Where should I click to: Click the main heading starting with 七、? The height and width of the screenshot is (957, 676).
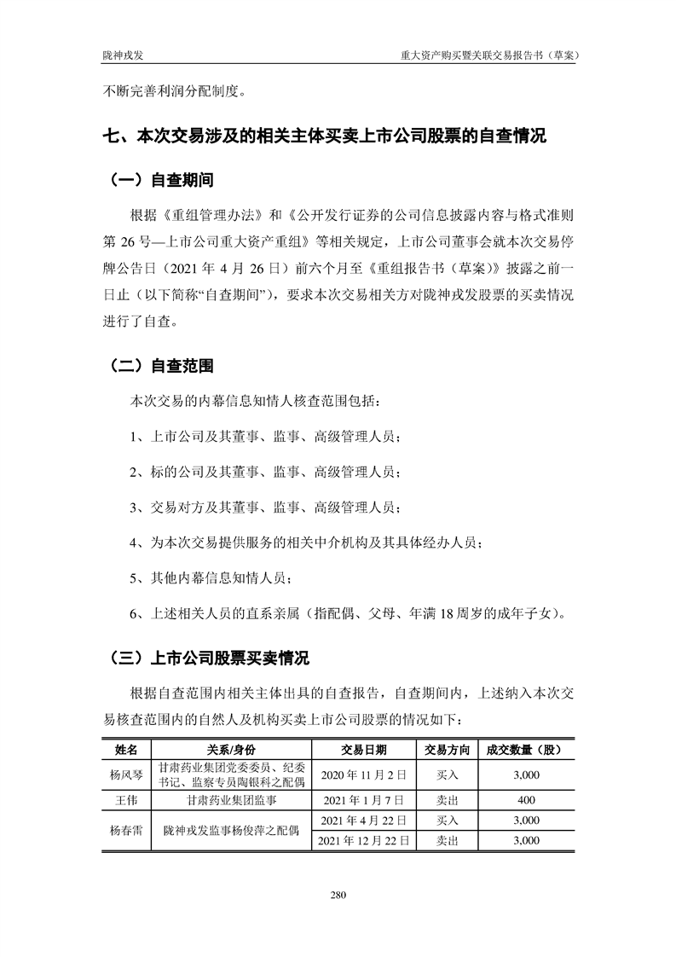click(x=324, y=136)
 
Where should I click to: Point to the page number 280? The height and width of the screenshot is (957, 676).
click(x=338, y=895)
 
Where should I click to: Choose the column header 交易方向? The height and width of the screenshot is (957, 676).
click(x=447, y=750)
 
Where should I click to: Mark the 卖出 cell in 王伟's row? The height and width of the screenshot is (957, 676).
click(x=447, y=801)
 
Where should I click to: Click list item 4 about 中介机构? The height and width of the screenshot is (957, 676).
click(x=311, y=542)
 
